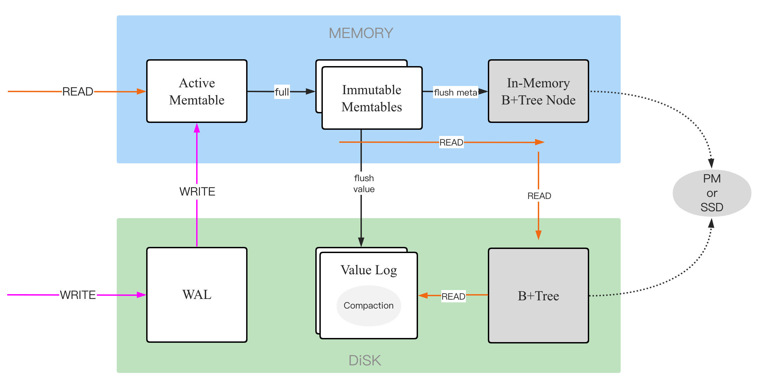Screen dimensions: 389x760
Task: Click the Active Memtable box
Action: [x=197, y=91]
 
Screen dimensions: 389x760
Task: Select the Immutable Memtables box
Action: [x=372, y=98]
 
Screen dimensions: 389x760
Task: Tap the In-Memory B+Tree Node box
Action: [x=538, y=91]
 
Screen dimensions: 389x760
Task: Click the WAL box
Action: [x=197, y=294]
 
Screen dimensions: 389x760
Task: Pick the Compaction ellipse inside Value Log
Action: [x=368, y=305]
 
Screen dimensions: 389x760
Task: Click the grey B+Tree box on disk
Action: [x=538, y=296]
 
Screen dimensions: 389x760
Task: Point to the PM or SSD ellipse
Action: [x=712, y=193]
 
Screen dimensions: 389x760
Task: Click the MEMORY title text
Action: [x=361, y=33]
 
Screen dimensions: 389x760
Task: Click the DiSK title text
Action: [x=365, y=360]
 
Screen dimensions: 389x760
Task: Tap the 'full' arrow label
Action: [x=282, y=92]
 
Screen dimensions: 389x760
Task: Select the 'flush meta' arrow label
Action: [x=455, y=92]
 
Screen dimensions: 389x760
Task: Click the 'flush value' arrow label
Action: [x=364, y=184]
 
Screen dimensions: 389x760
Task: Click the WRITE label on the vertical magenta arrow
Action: [x=197, y=191]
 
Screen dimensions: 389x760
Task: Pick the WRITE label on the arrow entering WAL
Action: [x=78, y=295]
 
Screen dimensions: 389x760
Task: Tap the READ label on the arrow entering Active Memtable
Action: [x=78, y=91]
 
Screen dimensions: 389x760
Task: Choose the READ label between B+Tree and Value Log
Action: [x=453, y=296]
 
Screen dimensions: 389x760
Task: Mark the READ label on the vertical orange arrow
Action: [x=539, y=196]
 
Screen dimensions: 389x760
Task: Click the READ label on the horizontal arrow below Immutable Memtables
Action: [x=451, y=142]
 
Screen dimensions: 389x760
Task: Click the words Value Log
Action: [x=369, y=270]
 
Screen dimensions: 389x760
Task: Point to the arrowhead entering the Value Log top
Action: [x=361, y=242]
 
